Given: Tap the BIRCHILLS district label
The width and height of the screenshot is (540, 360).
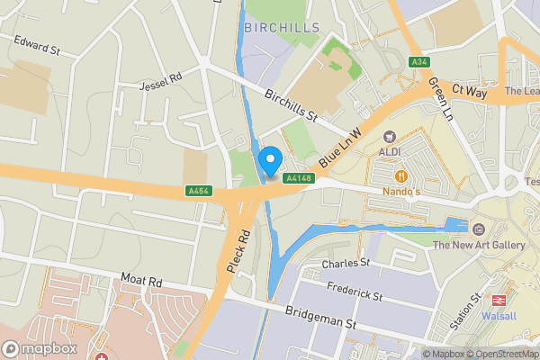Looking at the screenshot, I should click(x=282, y=28).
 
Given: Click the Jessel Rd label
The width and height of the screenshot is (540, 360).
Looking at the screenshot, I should click(x=161, y=82).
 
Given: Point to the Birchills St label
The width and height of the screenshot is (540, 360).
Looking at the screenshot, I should click(x=292, y=106).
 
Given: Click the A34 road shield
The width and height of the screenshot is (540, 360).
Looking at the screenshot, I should click(x=418, y=62).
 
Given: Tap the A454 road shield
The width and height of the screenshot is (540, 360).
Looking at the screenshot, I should click(x=199, y=191).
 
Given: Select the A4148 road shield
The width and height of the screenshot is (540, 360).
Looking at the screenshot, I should click(x=298, y=179).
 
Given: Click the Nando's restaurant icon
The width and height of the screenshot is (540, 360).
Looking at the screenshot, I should click(x=400, y=175).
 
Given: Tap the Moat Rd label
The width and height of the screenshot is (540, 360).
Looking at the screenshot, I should click(x=141, y=282).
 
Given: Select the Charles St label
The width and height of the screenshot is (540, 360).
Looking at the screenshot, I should click(x=346, y=263).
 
